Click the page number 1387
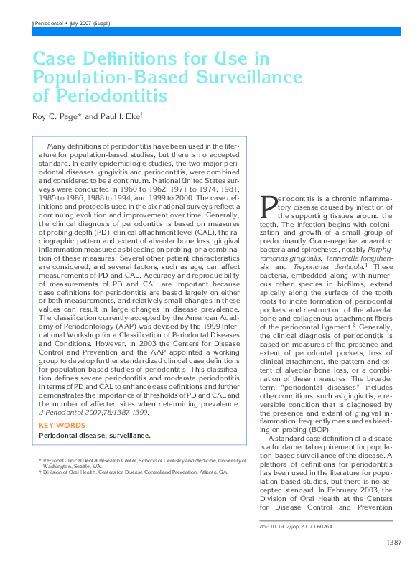click(393, 542)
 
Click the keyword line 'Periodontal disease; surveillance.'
click(94, 436)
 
